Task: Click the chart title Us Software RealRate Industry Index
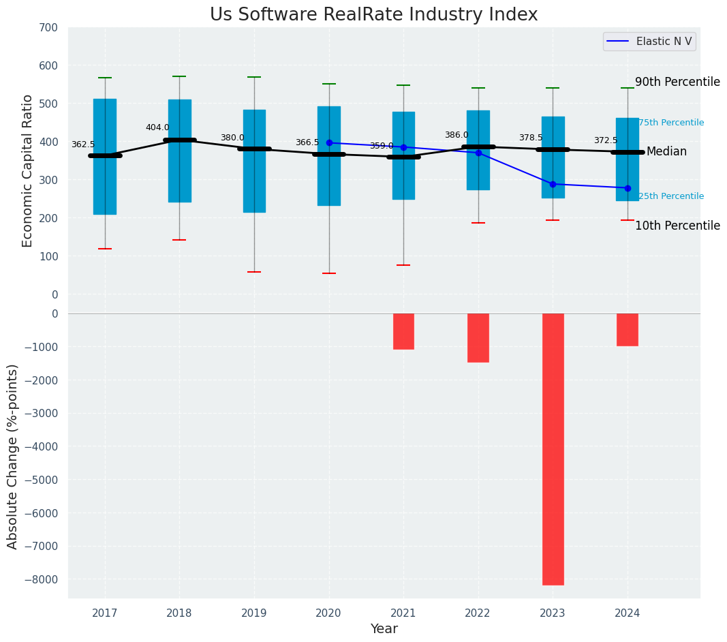[x=373, y=15]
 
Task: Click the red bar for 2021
[x=403, y=331]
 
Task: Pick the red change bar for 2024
[x=628, y=330]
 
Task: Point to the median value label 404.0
[x=157, y=127]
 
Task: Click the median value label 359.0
[x=381, y=146]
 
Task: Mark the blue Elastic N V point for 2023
[x=553, y=184]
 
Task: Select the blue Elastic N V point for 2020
[x=329, y=143]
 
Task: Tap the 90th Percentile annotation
[x=677, y=82]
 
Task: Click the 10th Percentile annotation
[x=677, y=226]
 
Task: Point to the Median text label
[x=666, y=151]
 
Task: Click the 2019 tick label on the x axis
[x=254, y=613]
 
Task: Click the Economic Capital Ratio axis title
[x=28, y=170]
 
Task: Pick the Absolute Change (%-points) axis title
[x=13, y=456]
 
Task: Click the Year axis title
[x=384, y=629]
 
